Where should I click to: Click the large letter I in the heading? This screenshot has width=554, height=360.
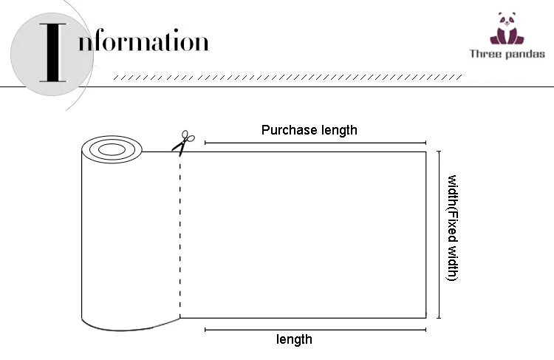click(x=51, y=52)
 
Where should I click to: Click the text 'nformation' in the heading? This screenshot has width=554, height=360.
click(x=143, y=41)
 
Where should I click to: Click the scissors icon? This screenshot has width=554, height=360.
click(x=182, y=142)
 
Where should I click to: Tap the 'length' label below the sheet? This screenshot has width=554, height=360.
click(x=294, y=339)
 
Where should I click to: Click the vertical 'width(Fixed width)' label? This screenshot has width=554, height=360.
click(x=453, y=228)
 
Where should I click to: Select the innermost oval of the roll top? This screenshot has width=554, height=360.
click(x=112, y=150)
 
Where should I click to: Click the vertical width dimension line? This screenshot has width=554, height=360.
click(x=439, y=234)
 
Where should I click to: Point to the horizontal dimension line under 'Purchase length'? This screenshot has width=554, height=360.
click(x=315, y=143)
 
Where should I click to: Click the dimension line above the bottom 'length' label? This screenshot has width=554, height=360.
click(x=315, y=329)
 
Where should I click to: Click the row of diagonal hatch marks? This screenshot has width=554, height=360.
click(x=288, y=77)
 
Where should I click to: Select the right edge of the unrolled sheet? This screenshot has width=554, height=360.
click(x=426, y=234)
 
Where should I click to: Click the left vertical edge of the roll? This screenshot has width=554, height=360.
click(x=81, y=237)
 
